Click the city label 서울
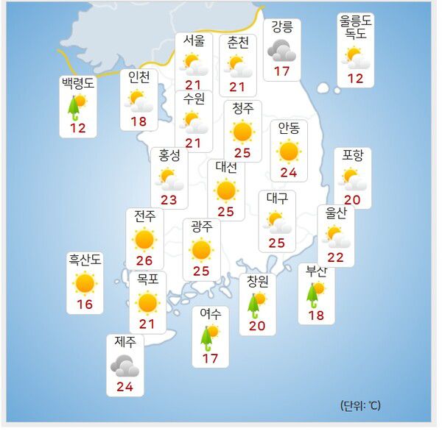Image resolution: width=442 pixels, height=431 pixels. (x=194, y=42)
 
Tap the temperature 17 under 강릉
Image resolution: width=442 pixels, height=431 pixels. (x=281, y=72)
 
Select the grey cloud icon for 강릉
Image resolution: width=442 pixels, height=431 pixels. (x=281, y=50)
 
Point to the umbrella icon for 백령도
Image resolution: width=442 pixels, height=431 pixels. (x=75, y=106)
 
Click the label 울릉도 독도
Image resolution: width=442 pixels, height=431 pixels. (x=356, y=29)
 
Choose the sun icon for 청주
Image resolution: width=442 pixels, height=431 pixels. (x=242, y=132)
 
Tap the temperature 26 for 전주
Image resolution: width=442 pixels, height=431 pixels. (x=144, y=260)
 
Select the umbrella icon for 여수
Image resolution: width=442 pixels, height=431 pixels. (x=209, y=337)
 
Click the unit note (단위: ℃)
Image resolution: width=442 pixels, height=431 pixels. (x=361, y=405)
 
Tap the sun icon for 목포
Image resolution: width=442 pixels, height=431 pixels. (x=147, y=302)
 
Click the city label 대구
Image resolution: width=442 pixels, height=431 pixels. (x=277, y=198)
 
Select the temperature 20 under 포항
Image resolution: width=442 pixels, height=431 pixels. (x=353, y=199)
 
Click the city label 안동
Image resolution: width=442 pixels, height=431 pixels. (x=289, y=128)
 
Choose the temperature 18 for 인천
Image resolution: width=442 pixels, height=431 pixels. (x=139, y=121)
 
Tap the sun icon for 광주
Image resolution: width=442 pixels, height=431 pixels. (x=201, y=250)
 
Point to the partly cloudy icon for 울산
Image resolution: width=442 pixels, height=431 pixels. (x=337, y=236)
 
